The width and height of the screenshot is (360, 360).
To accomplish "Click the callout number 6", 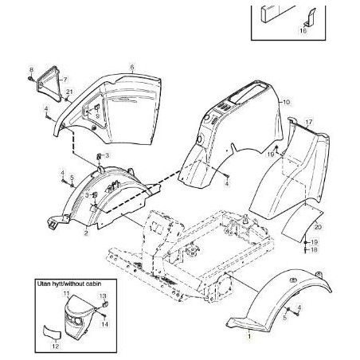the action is [132, 67].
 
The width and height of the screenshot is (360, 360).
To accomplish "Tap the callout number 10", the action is [287, 102].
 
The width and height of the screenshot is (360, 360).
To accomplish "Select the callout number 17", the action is [309, 122].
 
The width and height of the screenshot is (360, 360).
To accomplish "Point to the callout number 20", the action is [318, 227].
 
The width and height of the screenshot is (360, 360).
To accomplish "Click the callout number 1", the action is [249, 336].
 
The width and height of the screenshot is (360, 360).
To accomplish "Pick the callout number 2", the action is [86, 233].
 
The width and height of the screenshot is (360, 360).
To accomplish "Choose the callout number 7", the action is [65, 79].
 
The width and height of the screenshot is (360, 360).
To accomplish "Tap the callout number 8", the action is [32, 70].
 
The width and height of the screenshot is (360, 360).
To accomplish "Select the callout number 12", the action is [56, 346].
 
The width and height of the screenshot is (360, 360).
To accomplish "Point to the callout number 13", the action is [103, 295].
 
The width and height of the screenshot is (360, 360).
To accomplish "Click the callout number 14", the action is [105, 324].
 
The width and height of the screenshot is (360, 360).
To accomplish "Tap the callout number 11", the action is [66, 293].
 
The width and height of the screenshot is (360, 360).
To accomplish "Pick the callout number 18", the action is [314, 250].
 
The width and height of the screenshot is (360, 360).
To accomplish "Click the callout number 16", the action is [303, 30].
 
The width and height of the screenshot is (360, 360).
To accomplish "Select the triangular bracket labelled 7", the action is [49, 84].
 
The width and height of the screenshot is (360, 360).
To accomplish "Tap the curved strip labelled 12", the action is [52, 331].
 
